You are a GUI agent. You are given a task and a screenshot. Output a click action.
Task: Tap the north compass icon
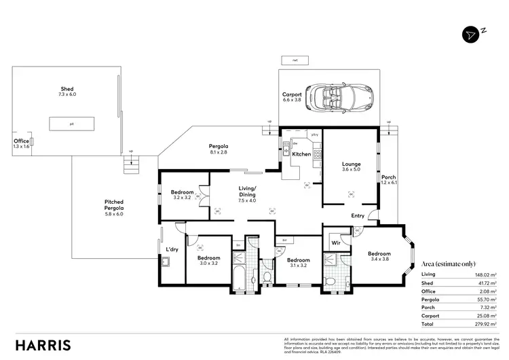coord(473,34)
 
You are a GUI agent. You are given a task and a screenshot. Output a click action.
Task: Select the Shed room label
coord(67,92)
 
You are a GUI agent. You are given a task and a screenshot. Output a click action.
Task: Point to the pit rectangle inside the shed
coord(71,124)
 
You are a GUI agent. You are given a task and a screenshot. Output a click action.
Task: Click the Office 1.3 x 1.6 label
coord(22,143)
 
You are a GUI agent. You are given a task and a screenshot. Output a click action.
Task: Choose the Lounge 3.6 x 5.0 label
coord(351,168)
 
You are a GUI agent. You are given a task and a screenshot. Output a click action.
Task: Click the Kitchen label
coord(301,154)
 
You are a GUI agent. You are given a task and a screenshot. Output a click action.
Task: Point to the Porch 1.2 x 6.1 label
coord(388,181)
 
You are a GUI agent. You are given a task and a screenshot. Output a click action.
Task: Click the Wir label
coord(336,242)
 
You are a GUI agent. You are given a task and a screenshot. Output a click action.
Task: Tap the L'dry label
coord(172,249)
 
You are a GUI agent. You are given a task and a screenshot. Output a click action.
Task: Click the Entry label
coord(358,216)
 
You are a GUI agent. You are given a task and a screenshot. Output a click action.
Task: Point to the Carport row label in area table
coord(430,316)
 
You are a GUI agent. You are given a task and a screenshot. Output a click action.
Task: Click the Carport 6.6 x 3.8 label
coord(292,97)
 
